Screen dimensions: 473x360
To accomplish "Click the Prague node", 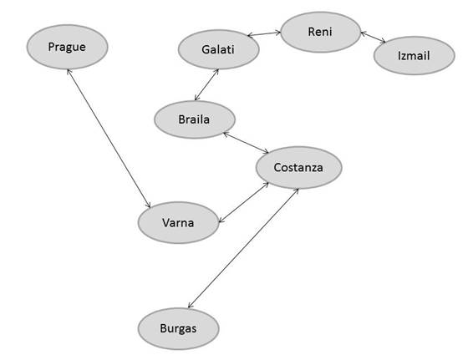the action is (67, 47).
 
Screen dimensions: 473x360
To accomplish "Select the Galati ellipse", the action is (219, 49).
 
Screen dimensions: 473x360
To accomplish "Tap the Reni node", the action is (321, 32).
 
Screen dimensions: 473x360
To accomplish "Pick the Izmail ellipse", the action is (415, 55).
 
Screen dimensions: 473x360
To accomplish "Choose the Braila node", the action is (195, 119).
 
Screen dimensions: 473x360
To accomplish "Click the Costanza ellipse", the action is (298, 168).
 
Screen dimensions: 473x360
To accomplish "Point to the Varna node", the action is (178, 222).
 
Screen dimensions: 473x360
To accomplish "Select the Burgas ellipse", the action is (179, 328).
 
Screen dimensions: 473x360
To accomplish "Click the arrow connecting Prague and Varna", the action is (109, 139).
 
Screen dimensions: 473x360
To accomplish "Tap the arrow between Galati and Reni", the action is (264, 33).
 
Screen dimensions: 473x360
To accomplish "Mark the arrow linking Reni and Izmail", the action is (374, 37).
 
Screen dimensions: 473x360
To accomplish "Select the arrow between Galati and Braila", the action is (206, 84).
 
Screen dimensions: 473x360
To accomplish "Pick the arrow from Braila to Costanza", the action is (246, 143).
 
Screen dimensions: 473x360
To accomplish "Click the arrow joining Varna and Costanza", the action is (243, 202).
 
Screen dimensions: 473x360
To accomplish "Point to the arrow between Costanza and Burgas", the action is (243, 248).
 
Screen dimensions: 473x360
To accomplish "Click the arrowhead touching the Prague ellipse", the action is (69, 72).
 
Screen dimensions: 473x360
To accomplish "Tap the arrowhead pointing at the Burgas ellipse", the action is (190, 306).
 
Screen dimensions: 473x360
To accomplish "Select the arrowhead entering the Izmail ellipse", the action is (384, 42).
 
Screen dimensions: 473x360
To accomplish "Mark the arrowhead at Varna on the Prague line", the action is (149, 205).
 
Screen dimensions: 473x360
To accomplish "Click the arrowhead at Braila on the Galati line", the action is (196, 98).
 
